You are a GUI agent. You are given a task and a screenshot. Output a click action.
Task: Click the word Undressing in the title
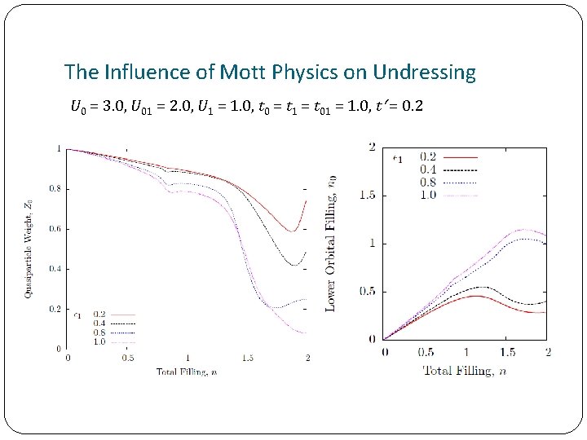point(424,72)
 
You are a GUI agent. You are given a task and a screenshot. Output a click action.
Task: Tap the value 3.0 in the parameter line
point(110,106)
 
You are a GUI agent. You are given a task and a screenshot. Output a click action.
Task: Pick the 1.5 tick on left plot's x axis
point(247,359)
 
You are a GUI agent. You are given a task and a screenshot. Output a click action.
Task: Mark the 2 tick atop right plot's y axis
point(373,147)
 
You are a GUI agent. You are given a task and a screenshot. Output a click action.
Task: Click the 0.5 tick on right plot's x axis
point(425,352)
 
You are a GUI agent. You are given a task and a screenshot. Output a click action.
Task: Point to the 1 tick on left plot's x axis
point(188,359)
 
